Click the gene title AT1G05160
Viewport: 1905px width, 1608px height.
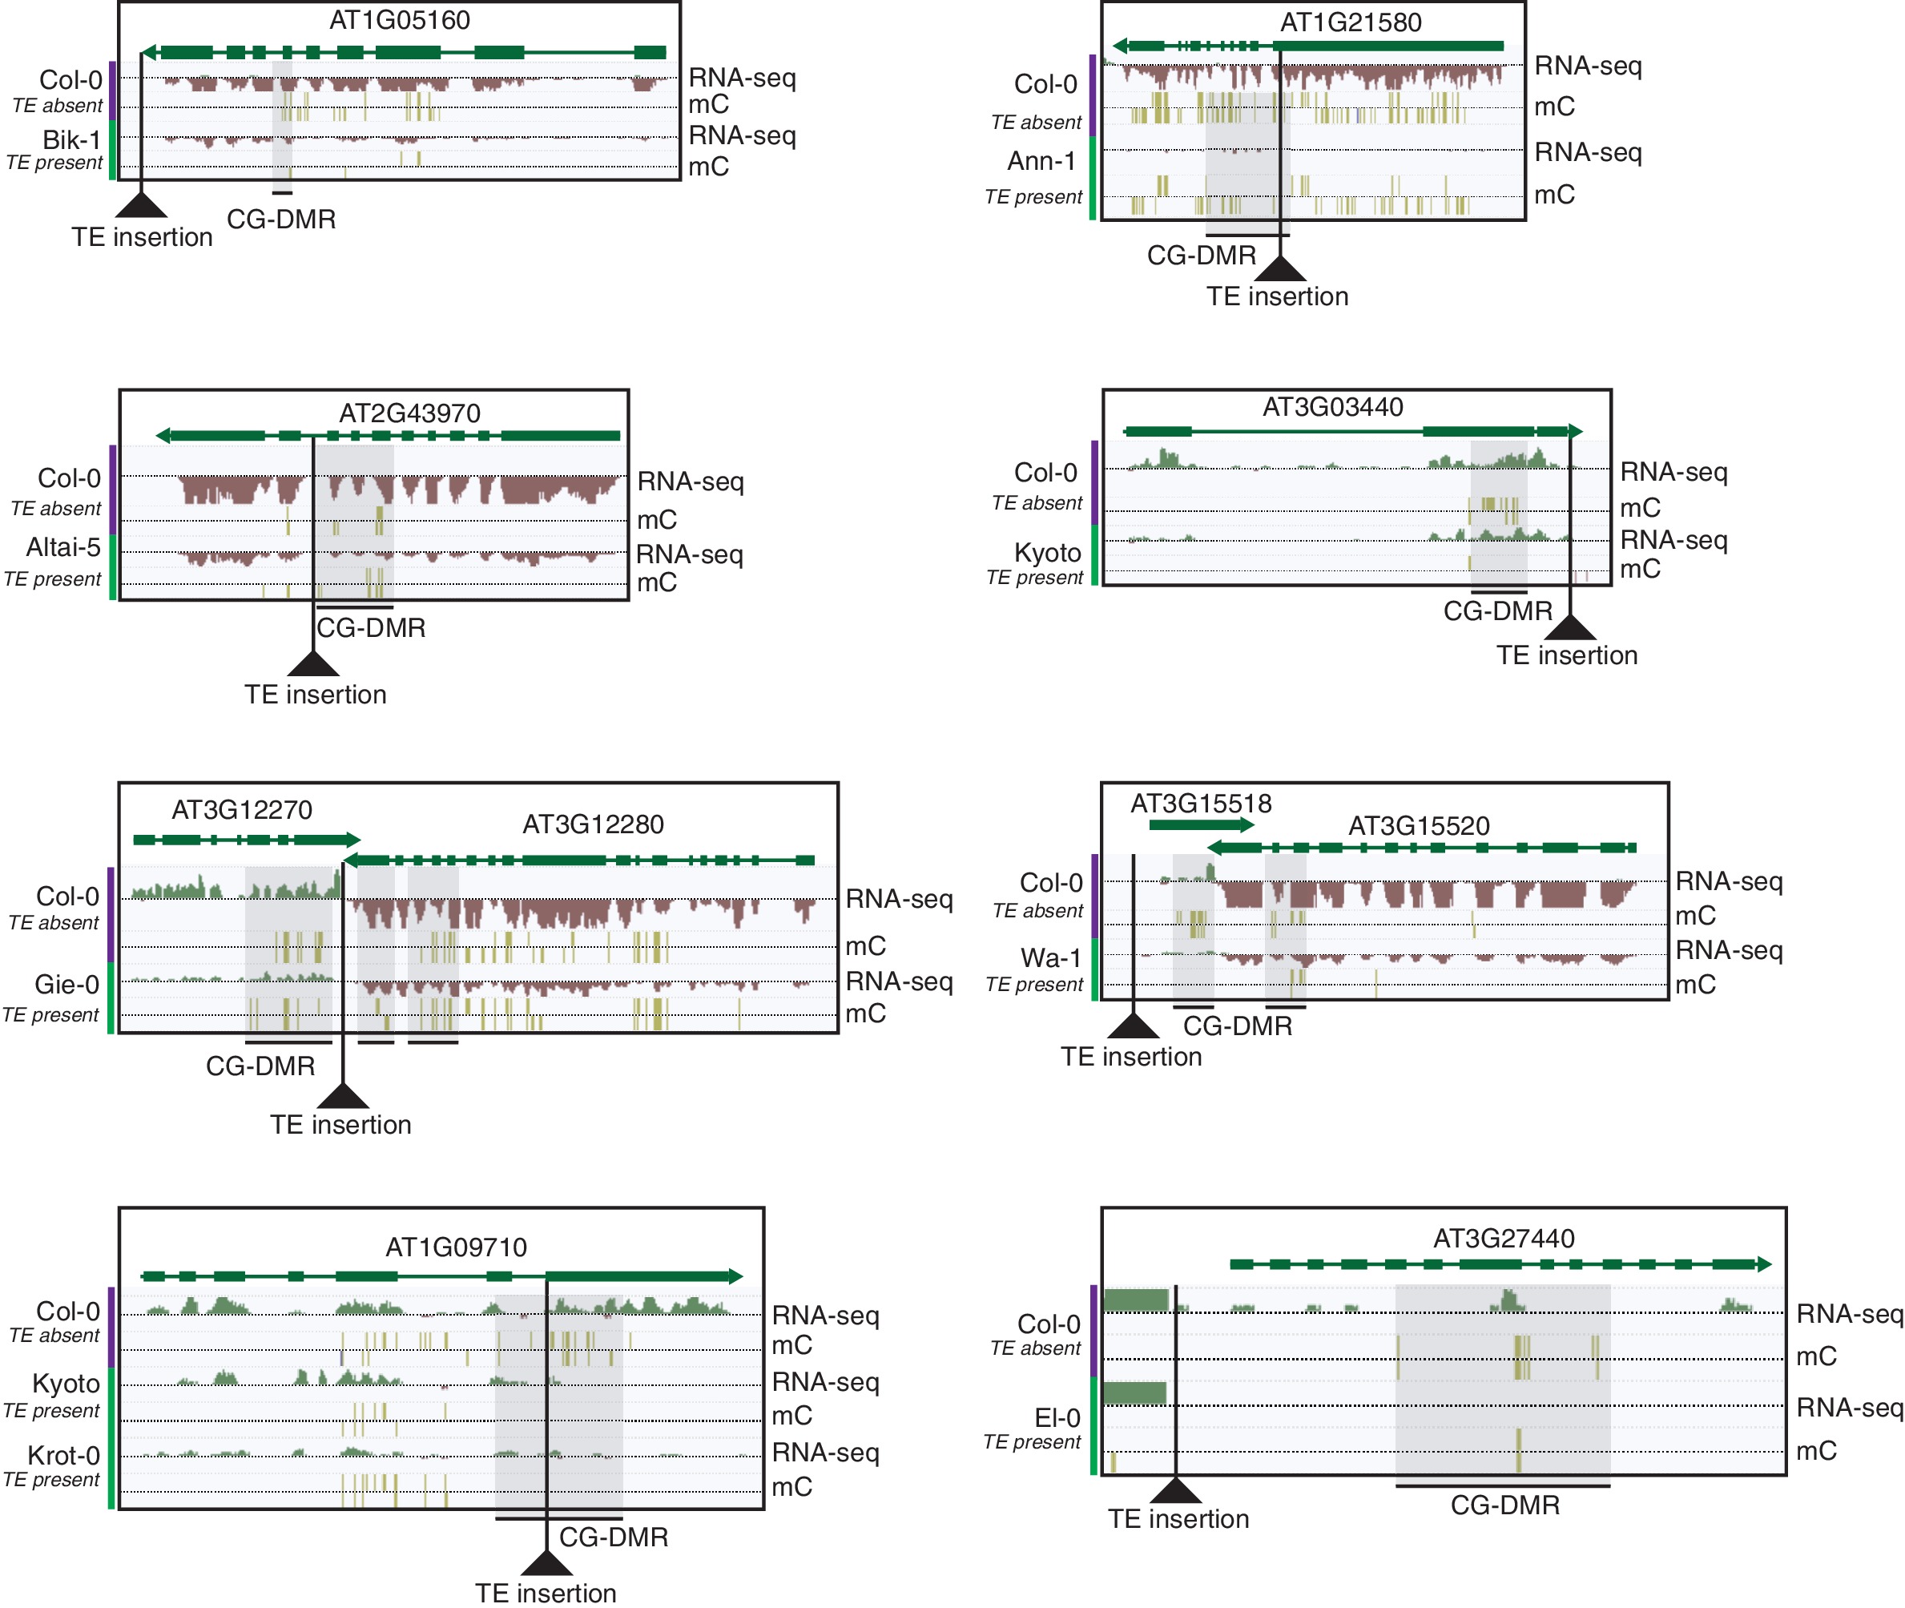[399, 20]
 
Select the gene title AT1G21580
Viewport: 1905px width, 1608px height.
[1350, 22]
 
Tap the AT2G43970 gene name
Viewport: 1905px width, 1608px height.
[409, 413]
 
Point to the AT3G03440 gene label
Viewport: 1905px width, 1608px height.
[1331, 406]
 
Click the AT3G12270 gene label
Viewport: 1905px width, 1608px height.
[242, 809]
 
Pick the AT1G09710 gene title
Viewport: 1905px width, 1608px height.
[456, 1246]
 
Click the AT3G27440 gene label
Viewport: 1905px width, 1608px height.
[1503, 1238]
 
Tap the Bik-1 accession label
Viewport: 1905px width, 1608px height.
[71, 139]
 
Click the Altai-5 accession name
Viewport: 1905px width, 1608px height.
[63, 547]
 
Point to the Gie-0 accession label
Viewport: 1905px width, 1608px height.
[66, 985]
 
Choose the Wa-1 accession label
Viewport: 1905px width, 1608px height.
[1050, 958]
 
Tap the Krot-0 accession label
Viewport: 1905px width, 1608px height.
[63, 1455]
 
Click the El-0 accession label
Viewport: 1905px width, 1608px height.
[1057, 1417]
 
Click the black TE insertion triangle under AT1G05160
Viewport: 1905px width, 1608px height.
[141, 206]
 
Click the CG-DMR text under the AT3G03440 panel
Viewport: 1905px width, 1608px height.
[1496, 611]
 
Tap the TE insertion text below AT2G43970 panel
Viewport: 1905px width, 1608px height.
[316, 695]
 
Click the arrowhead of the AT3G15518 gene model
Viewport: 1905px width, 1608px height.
[1247, 825]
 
